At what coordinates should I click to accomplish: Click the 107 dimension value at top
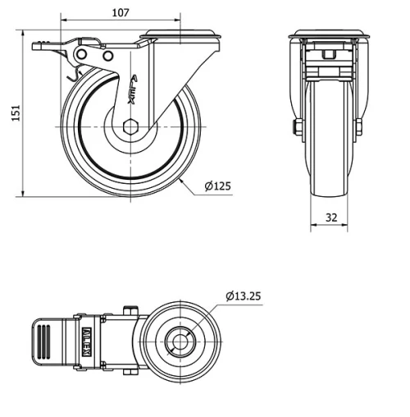coord(121,12)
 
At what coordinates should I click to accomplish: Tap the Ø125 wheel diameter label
coord(217,186)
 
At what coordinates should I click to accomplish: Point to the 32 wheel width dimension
coord(330,217)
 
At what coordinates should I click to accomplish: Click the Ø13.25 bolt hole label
coord(245,296)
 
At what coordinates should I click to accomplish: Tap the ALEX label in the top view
coord(88,338)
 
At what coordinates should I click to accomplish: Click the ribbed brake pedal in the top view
coord(45,338)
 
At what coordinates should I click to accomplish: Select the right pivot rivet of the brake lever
coord(107,55)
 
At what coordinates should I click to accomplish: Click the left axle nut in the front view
coord(296,126)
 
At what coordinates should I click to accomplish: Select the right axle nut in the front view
coord(359,126)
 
